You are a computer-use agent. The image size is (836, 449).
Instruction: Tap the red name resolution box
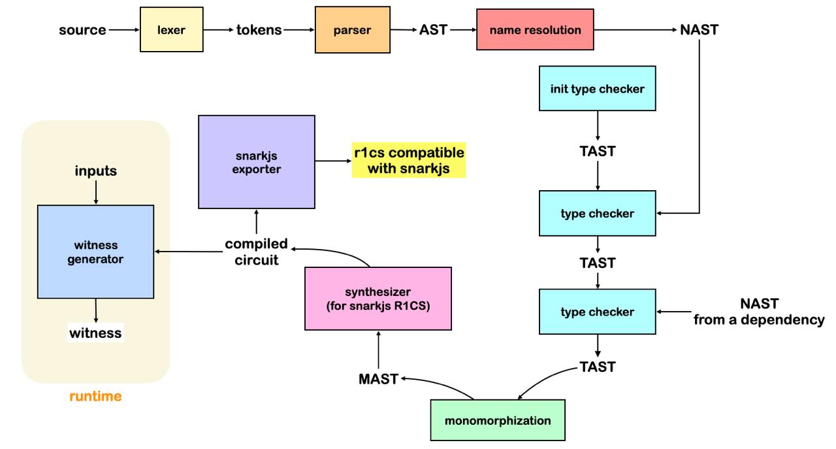(535, 30)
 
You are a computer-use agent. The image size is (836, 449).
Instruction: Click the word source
(83, 30)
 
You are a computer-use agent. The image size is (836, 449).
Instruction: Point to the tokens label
(259, 30)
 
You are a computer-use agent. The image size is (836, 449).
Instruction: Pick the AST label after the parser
(432, 30)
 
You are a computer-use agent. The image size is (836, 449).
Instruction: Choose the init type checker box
(597, 88)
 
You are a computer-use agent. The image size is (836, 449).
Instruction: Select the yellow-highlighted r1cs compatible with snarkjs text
(409, 161)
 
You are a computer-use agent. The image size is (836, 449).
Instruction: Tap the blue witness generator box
(95, 251)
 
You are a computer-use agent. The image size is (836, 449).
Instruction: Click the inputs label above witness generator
(95, 171)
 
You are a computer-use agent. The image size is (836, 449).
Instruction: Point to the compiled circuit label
(256, 251)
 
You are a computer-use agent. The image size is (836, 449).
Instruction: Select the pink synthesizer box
(378, 297)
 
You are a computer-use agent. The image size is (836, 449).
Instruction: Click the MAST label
(378, 378)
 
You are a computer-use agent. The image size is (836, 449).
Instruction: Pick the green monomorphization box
(498, 420)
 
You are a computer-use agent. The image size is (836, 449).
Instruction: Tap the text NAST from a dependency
(759, 312)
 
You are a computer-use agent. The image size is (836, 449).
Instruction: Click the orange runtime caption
(95, 396)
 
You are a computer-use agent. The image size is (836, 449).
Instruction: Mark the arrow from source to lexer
(124, 30)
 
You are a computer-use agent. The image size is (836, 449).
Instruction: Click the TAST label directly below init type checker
(598, 150)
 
